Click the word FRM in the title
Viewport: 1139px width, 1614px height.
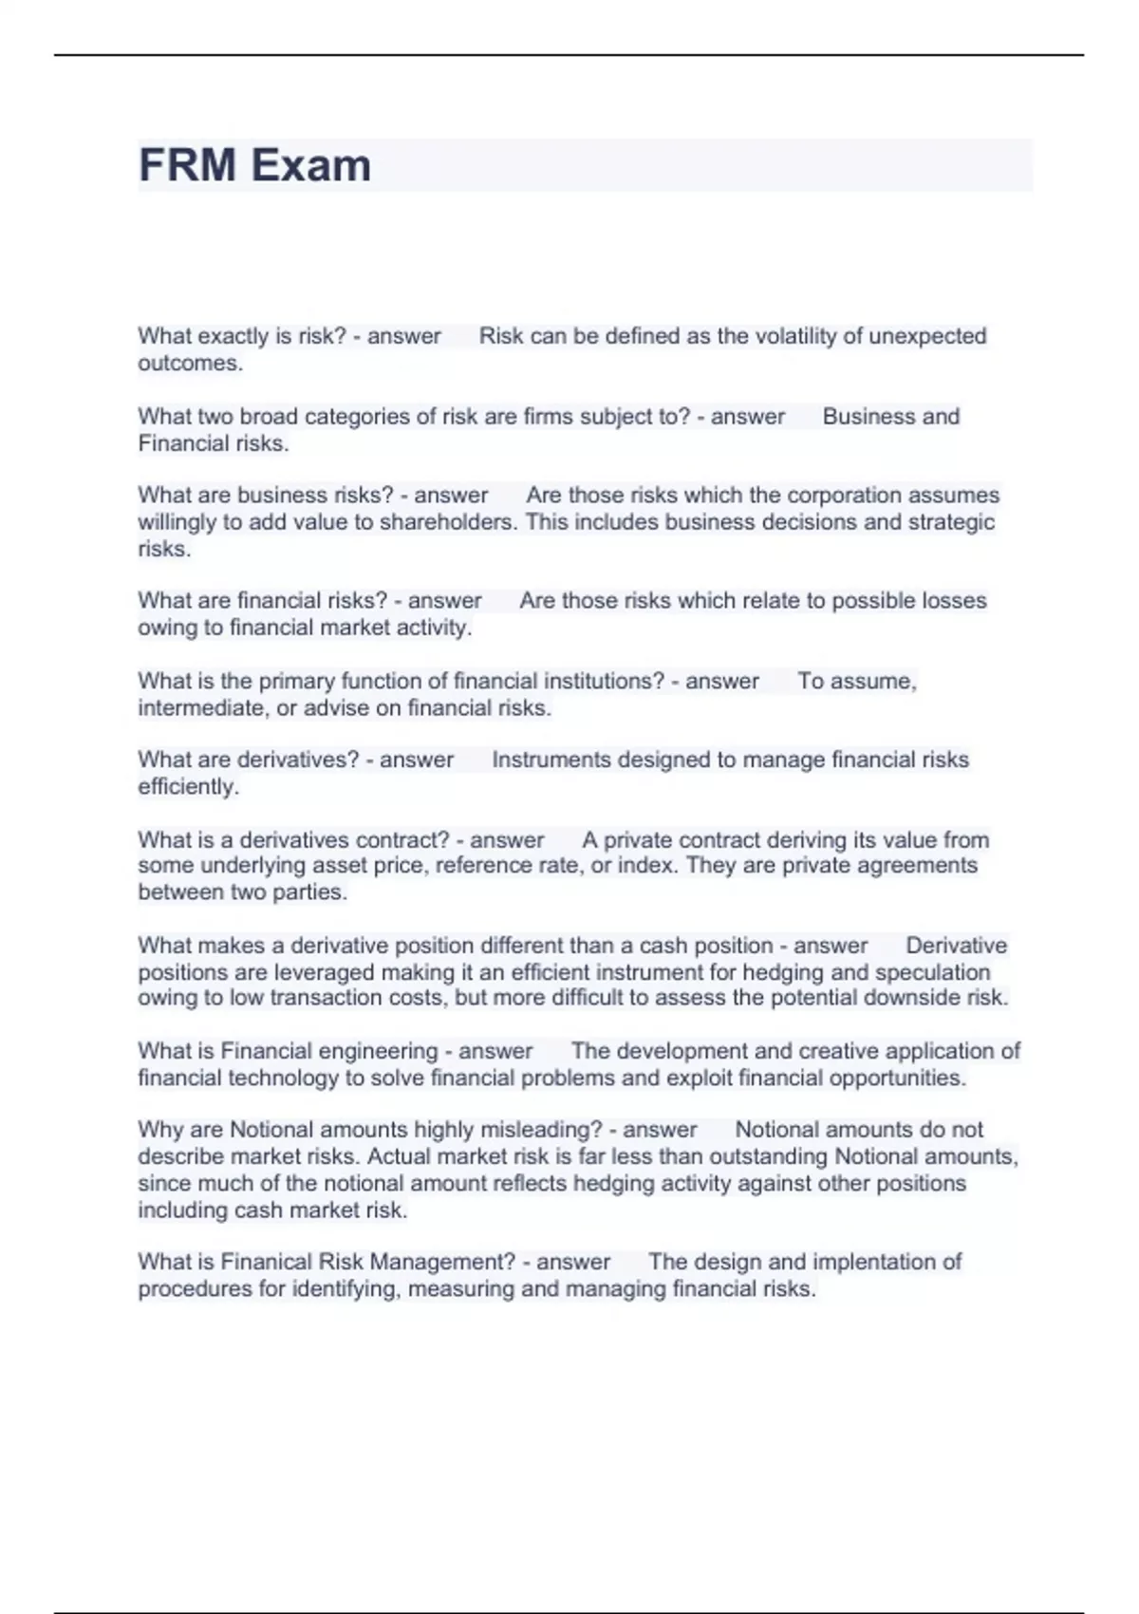[x=187, y=165]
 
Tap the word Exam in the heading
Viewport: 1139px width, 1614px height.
[x=311, y=165]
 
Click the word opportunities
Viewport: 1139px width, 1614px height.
[x=896, y=1079]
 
